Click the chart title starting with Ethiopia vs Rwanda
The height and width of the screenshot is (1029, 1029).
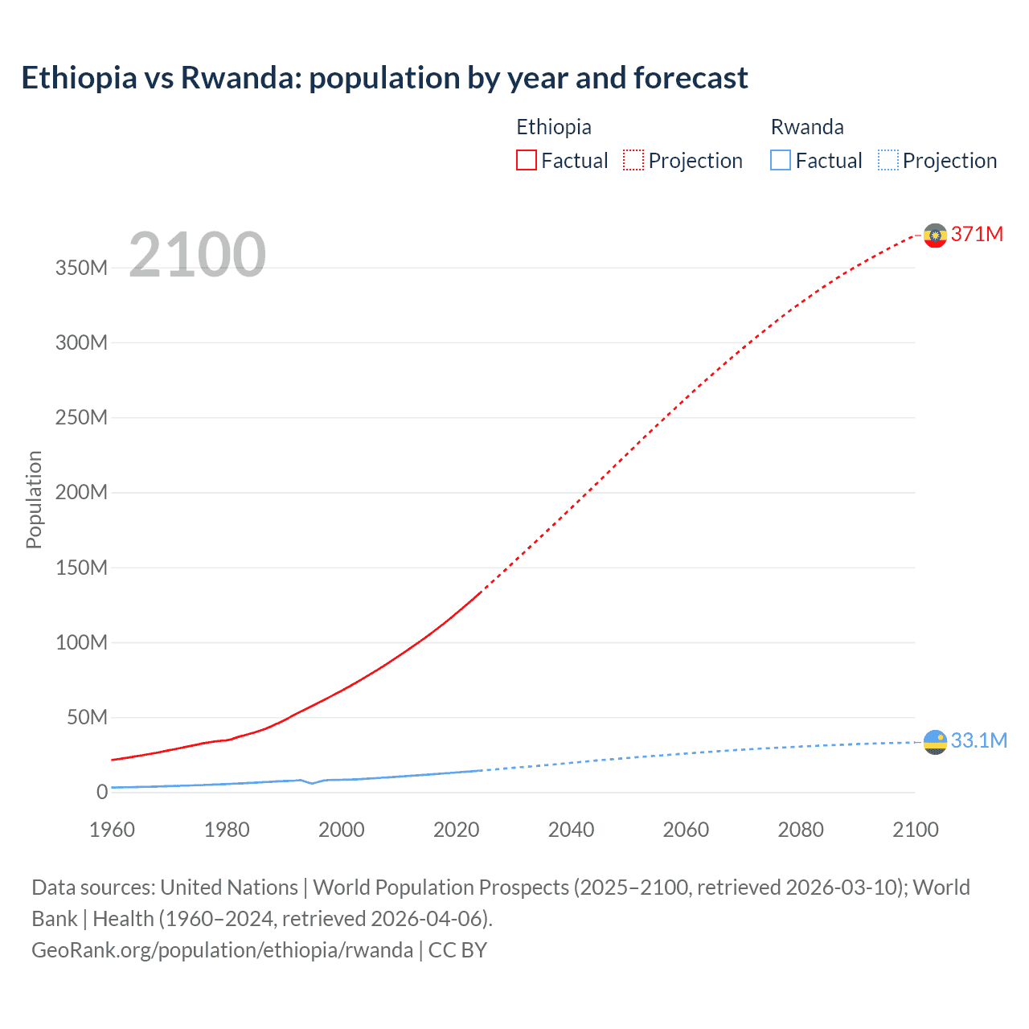pyautogui.click(x=384, y=78)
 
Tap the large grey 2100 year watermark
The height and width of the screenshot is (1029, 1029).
pyautogui.click(x=197, y=255)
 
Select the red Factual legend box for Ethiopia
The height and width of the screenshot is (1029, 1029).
pyautogui.click(x=526, y=160)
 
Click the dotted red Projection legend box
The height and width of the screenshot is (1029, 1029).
pyautogui.click(x=633, y=160)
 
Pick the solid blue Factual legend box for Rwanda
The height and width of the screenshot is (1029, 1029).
pyautogui.click(x=780, y=160)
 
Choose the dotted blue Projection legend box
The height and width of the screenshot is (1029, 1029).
pyautogui.click(x=888, y=160)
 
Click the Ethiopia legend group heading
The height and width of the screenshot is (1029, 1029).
pyautogui.click(x=553, y=127)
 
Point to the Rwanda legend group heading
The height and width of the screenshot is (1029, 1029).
pyautogui.click(x=806, y=127)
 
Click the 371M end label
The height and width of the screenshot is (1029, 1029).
pyautogui.click(x=977, y=234)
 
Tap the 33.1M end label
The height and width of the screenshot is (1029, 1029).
pyautogui.click(x=978, y=740)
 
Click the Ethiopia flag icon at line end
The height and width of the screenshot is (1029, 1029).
pyautogui.click(x=935, y=236)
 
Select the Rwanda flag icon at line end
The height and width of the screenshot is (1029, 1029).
pyautogui.click(x=935, y=743)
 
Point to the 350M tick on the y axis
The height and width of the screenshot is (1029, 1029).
pyautogui.click(x=81, y=268)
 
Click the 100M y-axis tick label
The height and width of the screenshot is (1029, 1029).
pyautogui.click(x=81, y=642)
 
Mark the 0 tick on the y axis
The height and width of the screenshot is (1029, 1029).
pyautogui.click(x=101, y=792)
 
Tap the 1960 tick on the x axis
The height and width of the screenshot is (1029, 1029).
pyautogui.click(x=112, y=830)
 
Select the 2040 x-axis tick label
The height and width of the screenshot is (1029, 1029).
pyautogui.click(x=571, y=830)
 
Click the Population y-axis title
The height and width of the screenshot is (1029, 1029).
pyautogui.click(x=34, y=499)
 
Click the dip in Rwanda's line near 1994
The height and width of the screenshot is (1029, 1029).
pyautogui.click(x=312, y=783)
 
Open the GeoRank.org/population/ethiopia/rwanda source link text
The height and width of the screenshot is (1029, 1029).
pyautogui.click(x=222, y=950)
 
